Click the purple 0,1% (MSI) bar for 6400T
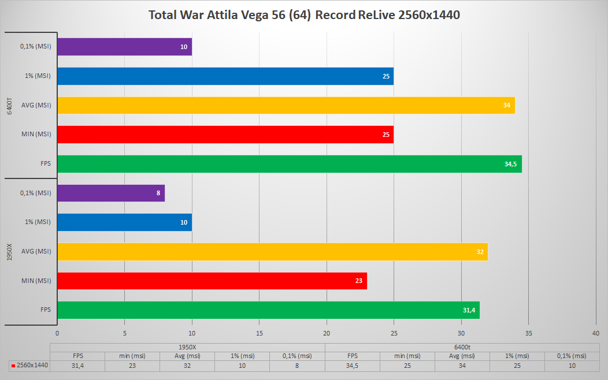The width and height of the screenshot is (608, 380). point(124,47)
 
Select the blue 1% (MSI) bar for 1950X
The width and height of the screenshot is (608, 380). point(124,222)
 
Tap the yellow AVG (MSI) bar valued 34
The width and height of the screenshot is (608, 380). point(286,105)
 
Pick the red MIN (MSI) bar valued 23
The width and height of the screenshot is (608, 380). point(212,281)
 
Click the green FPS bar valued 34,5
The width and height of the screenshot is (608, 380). point(289,164)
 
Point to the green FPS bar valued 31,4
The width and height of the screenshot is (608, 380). point(268,310)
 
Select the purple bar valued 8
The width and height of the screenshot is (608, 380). point(111,193)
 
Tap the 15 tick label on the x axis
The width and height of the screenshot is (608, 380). point(259,333)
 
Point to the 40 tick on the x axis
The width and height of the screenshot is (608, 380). point(596,333)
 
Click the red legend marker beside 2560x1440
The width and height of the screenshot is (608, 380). point(13,366)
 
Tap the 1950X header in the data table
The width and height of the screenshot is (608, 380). point(187,347)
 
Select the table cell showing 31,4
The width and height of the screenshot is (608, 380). point(77,366)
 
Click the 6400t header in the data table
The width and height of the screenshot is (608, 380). point(462,347)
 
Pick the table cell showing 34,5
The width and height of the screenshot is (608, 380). point(352,366)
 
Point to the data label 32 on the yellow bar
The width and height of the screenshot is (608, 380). point(481,252)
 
